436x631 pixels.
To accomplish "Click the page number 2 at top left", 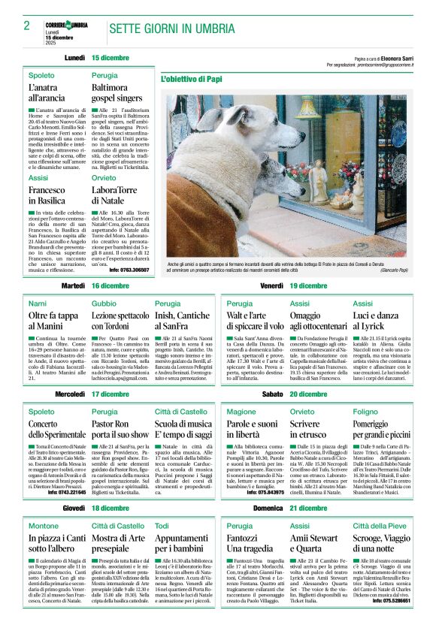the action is pos(26,26).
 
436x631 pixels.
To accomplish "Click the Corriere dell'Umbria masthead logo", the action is pos(66,25).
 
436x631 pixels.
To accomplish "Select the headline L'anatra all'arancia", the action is pos(48,93).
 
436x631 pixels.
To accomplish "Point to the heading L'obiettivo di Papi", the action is pos(192,78).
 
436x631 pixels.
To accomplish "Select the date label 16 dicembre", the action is pos(110,286).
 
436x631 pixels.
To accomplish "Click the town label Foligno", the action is pos(365,412).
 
